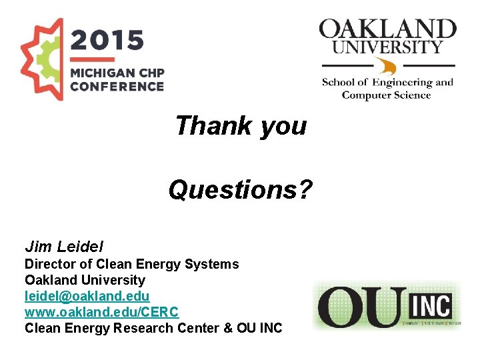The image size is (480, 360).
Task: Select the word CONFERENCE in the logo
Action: pyautogui.click(x=117, y=86)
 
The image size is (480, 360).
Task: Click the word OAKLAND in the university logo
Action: pyautogui.click(x=387, y=29)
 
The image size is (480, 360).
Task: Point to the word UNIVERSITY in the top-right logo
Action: pyautogui.click(x=387, y=47)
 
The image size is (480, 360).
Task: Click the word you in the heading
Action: pyautogui.click(x=283, y=125)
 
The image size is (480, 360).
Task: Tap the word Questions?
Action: pyautogui.click(x=240, y=190)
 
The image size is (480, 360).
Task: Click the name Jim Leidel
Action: pyautogui.click(x=64, y=247)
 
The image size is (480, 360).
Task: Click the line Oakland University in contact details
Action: pyautogui.click(x=85, y=280)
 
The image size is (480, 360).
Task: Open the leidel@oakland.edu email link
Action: pyautogui.click(x=87, y=295)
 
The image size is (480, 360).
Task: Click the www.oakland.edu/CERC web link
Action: pyautogui.click(x=101, y=311)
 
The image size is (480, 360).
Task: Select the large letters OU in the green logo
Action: pyautogui.click(x=361, y=307)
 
